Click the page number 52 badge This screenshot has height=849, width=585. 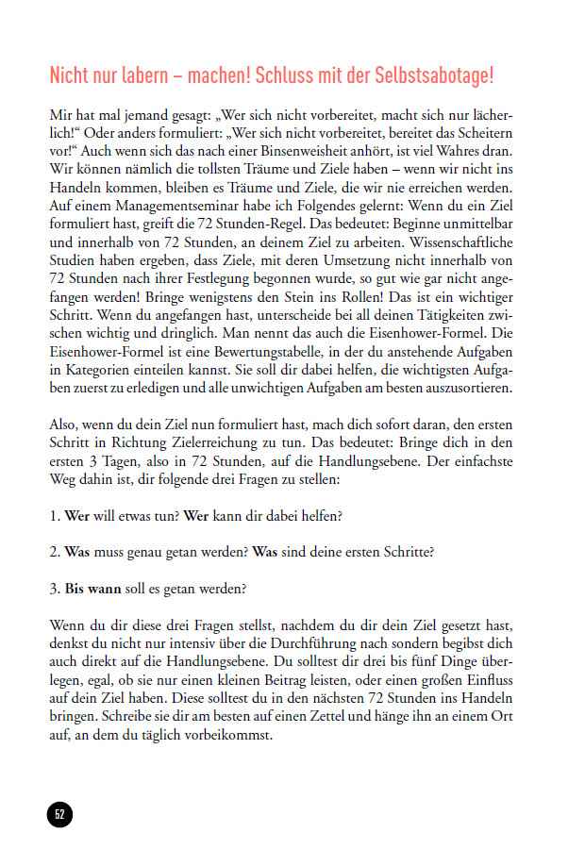pyautogui.click(x=59, y=814)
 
